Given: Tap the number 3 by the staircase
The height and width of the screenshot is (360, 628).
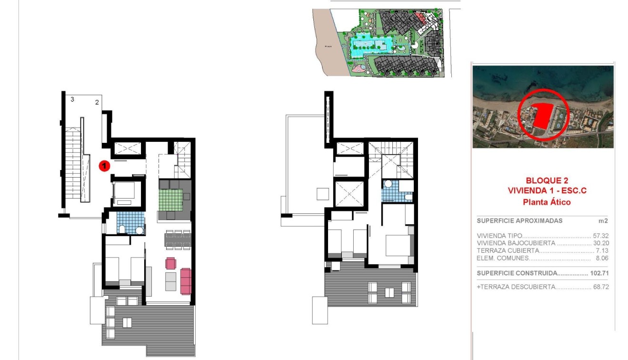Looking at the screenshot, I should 72,100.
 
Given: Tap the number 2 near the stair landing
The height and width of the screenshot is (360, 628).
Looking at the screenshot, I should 97,102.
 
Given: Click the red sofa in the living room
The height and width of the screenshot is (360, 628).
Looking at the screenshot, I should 186,281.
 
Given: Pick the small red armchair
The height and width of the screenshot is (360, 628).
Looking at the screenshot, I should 170,263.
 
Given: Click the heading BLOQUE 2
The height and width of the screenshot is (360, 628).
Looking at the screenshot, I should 547,180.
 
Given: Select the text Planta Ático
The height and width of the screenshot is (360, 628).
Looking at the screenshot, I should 547,202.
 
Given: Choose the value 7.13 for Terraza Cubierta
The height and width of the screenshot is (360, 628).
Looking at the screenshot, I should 603,251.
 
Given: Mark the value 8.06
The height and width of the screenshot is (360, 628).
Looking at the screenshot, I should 603,259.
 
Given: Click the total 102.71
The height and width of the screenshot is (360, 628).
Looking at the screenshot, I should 599,273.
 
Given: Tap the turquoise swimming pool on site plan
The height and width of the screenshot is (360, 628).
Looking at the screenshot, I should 371,47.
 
